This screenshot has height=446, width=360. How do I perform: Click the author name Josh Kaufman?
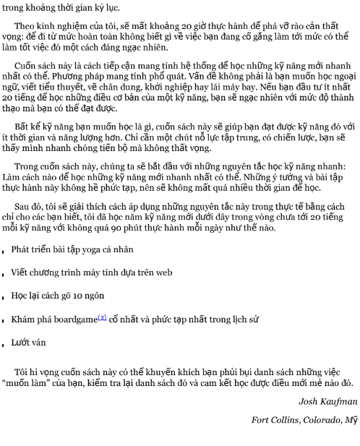tap(327, 401)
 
